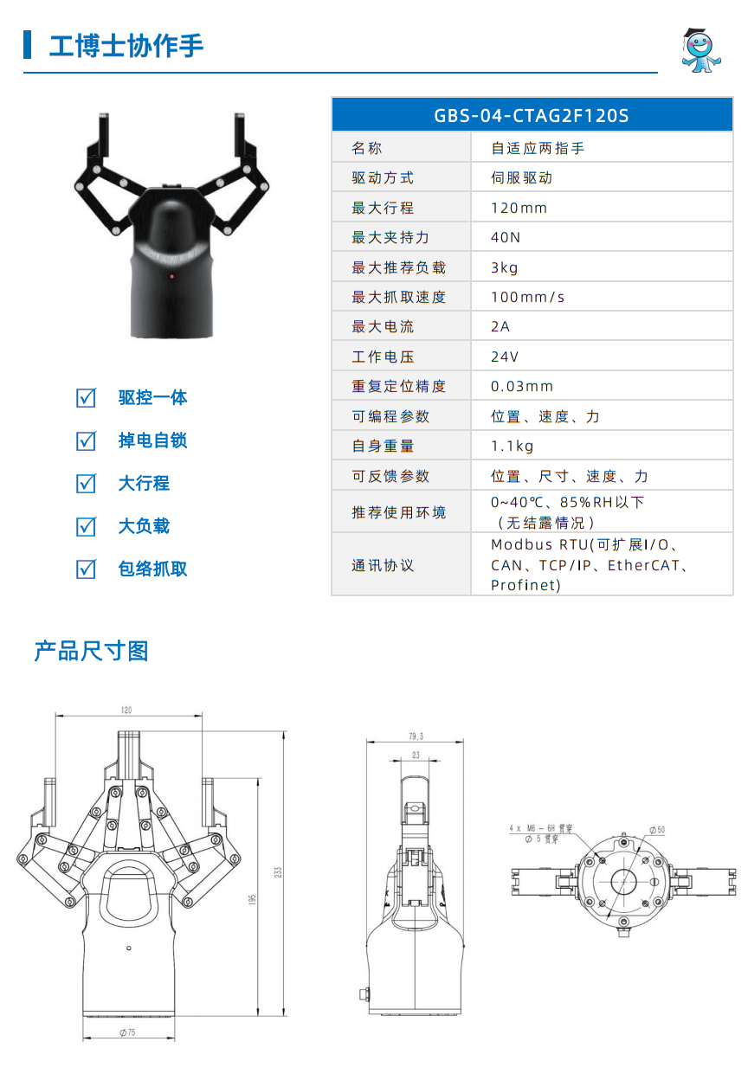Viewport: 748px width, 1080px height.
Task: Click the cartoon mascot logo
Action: tap(700, 50)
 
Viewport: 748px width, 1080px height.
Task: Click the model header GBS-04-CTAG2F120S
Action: tap(531, 116)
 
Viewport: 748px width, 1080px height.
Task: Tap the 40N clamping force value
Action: tap(506, 237)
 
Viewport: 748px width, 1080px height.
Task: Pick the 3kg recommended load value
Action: tap(504, 267)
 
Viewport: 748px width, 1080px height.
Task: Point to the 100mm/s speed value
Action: tap(527, 297)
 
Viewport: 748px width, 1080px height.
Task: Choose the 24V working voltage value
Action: tap(505, 357)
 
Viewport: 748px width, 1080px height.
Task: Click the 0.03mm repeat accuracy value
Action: tap(522, 386)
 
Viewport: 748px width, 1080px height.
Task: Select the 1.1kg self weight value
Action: tap(512, 446)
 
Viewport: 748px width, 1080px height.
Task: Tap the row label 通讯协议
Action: tap(383, 565)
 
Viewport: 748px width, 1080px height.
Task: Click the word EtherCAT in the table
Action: tap(643, 565)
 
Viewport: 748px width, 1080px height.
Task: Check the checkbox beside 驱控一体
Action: tap(86, 398)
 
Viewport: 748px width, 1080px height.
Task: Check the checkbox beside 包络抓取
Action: tap(86, 569)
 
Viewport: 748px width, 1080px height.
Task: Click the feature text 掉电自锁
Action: tap(152, 440)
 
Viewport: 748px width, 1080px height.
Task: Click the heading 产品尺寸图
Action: tap(91, 651)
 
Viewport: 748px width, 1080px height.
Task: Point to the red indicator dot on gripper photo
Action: tap(171, 276)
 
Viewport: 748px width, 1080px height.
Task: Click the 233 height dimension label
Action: tap(278, 872)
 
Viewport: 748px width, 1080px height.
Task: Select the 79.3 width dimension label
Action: tap(416, 736)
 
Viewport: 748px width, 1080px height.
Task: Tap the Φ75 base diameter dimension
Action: tap(128, 1032)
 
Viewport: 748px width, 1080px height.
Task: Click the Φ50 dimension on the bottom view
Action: tap(657, 830)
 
